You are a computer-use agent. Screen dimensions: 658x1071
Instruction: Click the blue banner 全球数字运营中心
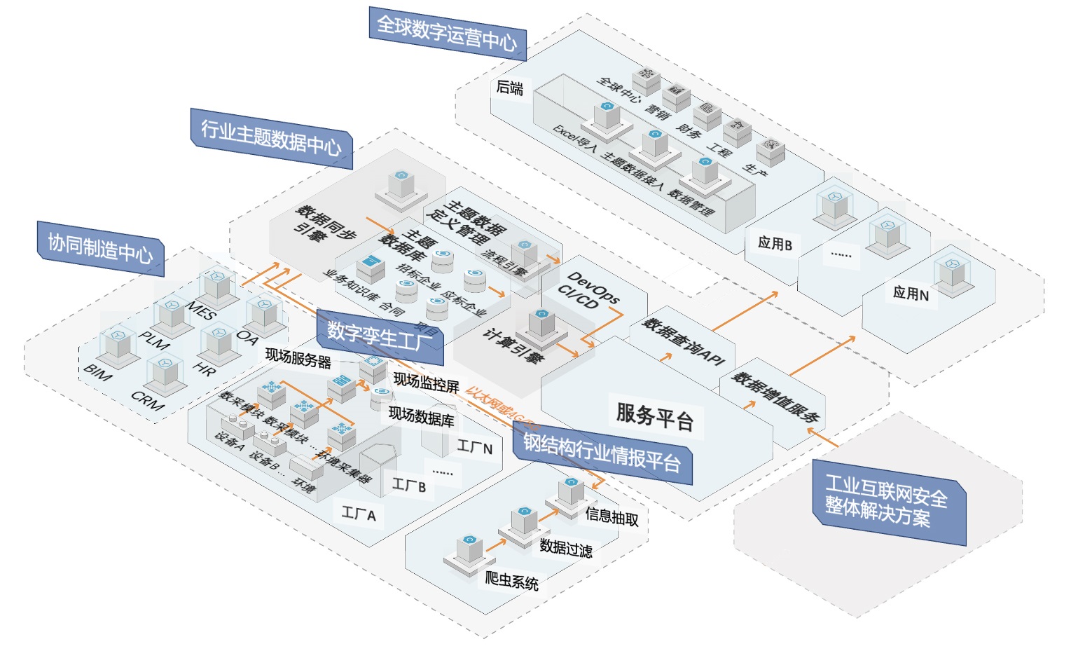[x=446, y=33]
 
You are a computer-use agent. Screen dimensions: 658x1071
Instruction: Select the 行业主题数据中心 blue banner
[x=271, y=137]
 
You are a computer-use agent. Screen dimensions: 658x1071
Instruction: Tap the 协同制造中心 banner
[x=100, y=247]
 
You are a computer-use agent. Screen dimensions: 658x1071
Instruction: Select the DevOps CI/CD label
[x=587, y=291]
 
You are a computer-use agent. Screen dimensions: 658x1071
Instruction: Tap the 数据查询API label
[x=682, y=341]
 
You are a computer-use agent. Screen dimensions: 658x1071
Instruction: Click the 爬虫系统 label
[x=511, y=581]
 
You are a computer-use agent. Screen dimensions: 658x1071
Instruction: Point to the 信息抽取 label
[x=611, y=517]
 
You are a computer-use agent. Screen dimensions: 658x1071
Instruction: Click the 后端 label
[x=509, y=88]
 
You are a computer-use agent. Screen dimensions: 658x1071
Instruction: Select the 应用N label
[x=911, y=294]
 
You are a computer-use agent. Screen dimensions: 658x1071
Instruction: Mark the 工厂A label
[x=359, y=514]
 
